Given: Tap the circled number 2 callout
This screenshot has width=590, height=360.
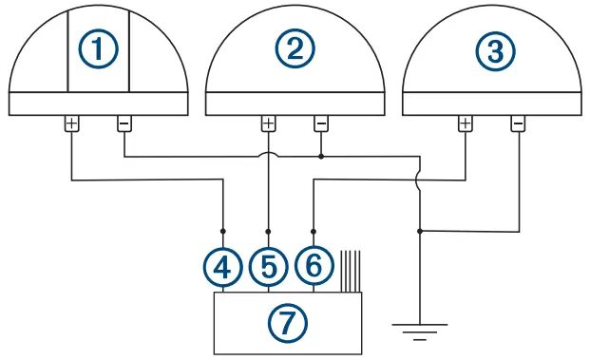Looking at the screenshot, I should coord(295,47).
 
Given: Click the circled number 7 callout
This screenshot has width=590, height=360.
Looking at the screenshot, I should coord(288,323).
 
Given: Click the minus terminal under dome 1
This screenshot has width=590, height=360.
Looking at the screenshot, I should coord(124,123).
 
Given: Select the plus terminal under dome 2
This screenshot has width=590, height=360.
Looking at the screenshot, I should coord(269,123).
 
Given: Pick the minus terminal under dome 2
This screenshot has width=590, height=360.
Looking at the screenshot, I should coord(321,123).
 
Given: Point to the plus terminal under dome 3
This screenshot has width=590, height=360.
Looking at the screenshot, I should coord(466,123).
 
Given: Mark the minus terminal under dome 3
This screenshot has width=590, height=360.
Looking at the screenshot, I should coord(518,123).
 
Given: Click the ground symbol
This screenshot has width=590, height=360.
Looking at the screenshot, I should coord(419,332).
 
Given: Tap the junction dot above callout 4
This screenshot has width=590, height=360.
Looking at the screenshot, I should coord(223,230).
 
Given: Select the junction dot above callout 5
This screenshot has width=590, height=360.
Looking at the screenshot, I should coord(269,230).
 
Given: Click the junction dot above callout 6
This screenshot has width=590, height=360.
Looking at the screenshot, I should coord(314,230).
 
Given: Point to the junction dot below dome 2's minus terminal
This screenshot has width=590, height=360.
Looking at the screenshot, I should coord(321,155).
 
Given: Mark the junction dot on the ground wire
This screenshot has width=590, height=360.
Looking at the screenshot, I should coord(419,230).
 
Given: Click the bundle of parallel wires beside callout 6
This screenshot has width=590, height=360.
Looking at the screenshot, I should coord(351,271).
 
